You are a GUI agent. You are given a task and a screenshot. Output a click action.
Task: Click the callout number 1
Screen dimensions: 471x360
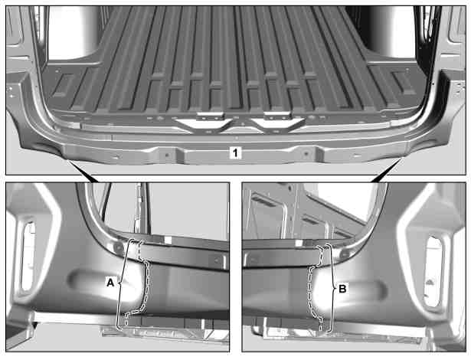tap(235, 153)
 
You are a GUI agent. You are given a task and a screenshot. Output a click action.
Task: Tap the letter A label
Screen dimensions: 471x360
tap(110, 283)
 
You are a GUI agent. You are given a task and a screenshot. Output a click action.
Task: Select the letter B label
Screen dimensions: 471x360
tap(342, 289)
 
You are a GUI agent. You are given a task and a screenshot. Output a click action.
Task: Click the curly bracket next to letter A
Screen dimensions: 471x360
tap(121, 283)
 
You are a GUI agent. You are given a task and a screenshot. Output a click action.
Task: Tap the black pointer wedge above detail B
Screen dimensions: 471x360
tap(387, 171)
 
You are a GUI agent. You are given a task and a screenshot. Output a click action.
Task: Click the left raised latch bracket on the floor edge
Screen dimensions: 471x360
tap(211, 116)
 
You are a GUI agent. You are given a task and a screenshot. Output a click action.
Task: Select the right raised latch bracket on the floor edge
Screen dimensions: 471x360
tap(278, 116)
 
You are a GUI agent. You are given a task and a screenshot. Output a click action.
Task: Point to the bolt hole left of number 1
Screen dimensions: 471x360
tap(167, 155)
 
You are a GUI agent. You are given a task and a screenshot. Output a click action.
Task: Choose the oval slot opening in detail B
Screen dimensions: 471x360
tap(433, 272)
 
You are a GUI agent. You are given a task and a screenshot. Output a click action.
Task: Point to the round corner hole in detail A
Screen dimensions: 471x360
tap(119, 247)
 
